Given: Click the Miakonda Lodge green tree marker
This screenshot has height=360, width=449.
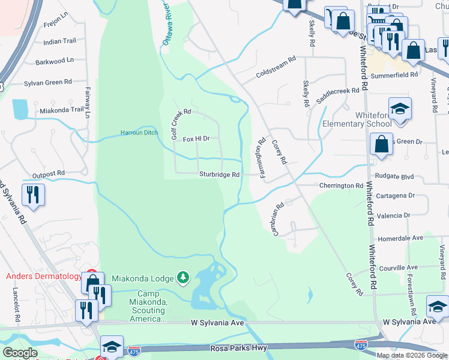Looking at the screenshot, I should click(184, 277).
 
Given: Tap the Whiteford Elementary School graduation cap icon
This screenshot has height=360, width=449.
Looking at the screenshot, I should click(400, 109).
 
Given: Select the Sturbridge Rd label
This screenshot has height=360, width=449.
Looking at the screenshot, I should click(219, 175).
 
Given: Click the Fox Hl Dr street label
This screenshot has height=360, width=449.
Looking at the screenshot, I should click(196, 139).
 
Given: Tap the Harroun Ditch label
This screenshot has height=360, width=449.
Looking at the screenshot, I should click(139, 132).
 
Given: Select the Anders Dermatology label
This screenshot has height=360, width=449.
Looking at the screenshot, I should click(43, 277).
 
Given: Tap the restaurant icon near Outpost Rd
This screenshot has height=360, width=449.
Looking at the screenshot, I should click(32, 194).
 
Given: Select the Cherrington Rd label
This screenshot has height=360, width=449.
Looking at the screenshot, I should click(341, 186).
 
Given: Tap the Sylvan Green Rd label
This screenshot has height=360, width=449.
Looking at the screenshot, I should click(47, 82).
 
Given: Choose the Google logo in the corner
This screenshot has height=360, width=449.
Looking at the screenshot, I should click(20, 353).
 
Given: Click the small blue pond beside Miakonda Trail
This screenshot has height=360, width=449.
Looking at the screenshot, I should click(20, 109).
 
